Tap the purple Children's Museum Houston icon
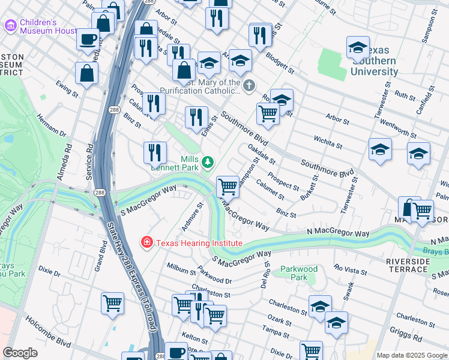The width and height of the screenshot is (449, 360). [11, 26]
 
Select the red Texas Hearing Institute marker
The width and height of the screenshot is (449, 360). [146, 243]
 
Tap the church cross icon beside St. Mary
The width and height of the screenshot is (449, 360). [249, 87]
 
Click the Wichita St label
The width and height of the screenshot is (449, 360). [328, 142]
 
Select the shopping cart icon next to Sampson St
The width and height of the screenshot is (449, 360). [228, 187]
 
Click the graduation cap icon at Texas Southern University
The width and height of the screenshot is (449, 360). [357, 47]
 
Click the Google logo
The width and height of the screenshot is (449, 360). [20, 353]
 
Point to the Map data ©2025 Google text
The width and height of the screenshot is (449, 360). [411, 355]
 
